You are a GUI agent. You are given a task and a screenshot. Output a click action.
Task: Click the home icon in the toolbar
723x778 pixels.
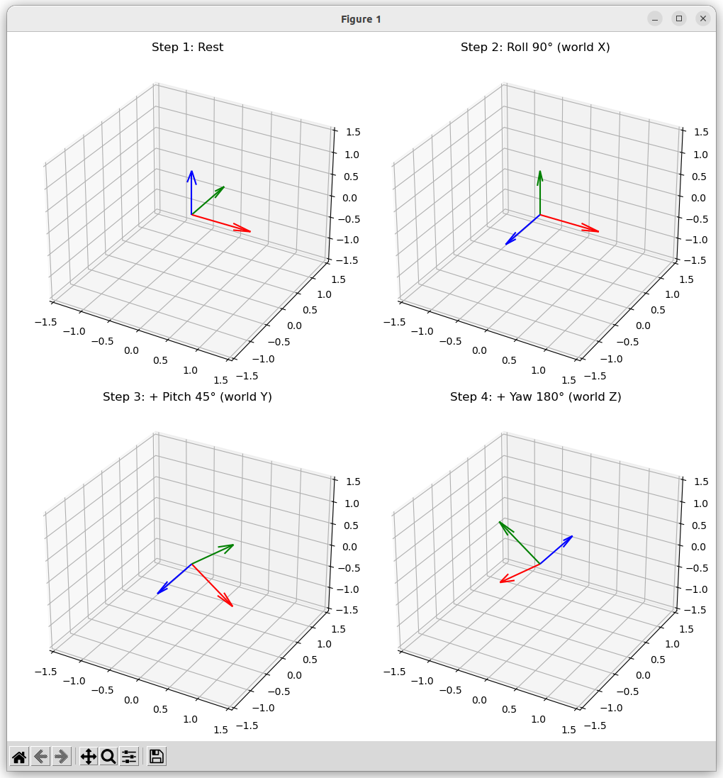19,757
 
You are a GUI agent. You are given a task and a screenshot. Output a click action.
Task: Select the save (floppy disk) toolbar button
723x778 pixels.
157,757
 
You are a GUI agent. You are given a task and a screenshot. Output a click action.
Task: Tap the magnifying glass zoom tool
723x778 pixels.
108,757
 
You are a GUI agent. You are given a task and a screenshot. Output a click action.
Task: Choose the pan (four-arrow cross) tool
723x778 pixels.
89,757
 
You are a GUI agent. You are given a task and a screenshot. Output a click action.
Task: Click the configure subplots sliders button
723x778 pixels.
129,757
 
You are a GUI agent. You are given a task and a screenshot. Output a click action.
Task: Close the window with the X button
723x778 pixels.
703,18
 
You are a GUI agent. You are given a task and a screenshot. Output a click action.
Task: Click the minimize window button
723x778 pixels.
655,18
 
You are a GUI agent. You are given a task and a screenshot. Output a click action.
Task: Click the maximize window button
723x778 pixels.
679,18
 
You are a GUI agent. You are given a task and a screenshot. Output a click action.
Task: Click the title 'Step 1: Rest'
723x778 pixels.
187,48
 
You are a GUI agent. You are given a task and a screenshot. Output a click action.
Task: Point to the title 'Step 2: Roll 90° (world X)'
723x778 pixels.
535,48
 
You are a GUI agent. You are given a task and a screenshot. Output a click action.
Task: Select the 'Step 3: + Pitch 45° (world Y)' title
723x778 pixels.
187,397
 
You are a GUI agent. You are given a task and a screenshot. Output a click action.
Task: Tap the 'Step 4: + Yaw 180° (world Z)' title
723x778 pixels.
535,397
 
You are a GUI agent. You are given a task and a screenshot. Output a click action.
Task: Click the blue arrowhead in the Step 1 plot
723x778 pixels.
191,174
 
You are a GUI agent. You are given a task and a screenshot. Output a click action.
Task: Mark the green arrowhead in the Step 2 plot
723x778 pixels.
539,174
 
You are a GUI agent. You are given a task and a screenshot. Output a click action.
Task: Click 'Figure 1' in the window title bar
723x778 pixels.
361,19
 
